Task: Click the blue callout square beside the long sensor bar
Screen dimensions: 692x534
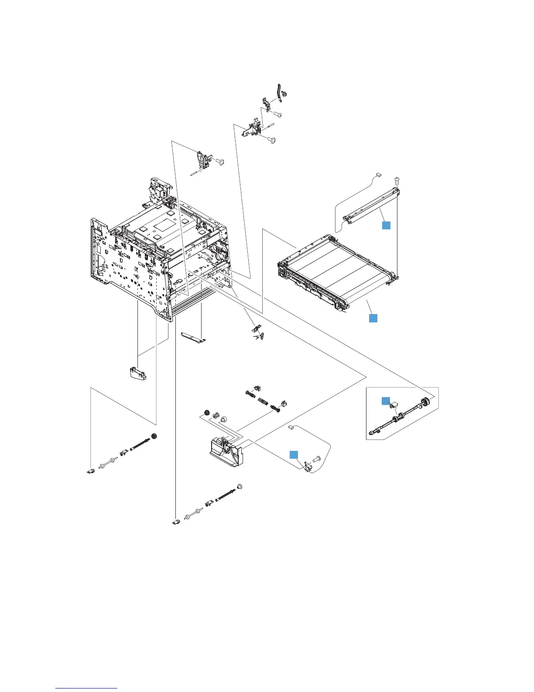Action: coord(386,225)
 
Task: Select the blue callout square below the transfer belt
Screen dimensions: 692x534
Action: coord(373,318)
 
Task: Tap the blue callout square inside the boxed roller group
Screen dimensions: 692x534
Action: coord(384,401)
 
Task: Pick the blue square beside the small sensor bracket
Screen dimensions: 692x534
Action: coord(295,454)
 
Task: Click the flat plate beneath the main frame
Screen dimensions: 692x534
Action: coord(192,336)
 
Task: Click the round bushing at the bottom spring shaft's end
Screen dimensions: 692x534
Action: coord(239,487)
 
